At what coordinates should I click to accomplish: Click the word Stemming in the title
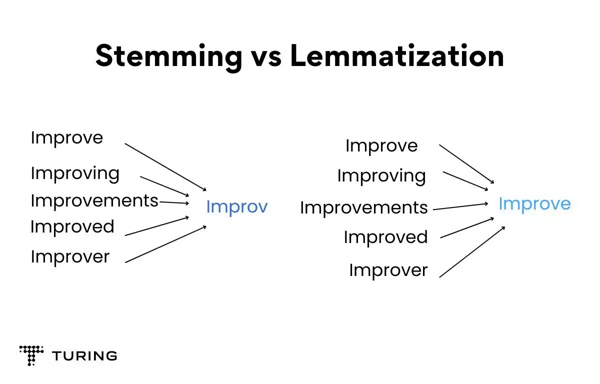click(169, 57)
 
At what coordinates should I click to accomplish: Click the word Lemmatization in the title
click(397, 55)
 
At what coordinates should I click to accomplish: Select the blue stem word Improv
click(237, 207)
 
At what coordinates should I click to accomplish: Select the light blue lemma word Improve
click(534, 204)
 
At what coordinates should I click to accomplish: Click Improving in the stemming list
click(75, 174)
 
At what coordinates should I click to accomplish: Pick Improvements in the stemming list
click(94, 200)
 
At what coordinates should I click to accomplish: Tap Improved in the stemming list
click(72, 227)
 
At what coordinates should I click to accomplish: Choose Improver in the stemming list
click(70, 257)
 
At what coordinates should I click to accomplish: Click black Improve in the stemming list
click(67, 138)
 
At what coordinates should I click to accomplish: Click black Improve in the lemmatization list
click(381, 146)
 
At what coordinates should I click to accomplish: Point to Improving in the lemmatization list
click(381, 176)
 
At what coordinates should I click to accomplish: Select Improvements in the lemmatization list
click(364, 208)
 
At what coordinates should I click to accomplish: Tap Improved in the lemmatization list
click(385, 237)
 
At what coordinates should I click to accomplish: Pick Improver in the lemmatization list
click(388, 270)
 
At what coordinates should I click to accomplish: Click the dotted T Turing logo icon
click(31, 355)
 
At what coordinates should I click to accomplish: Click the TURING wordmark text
click(84, 356)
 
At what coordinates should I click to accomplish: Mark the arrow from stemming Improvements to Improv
click(174, 202)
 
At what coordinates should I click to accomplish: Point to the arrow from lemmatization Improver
click(472, 252)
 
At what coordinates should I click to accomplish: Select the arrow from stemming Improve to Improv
click(165, 167)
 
